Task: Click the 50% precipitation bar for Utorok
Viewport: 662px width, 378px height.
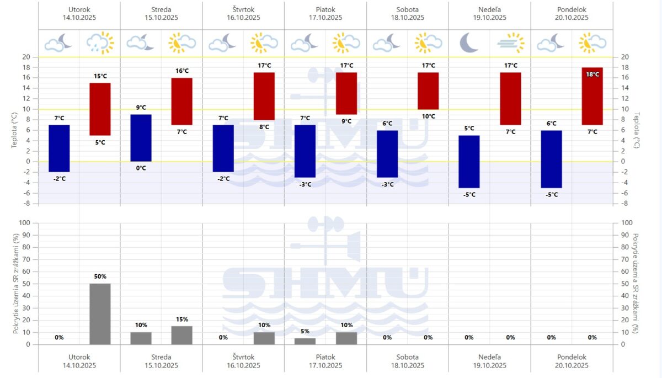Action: pyautogui.click(x=100, y=314)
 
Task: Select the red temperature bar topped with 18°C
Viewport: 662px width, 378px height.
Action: pyautogui.click(x=592, y=96)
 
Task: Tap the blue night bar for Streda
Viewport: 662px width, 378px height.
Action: pyautogui.click(x=141, y=138)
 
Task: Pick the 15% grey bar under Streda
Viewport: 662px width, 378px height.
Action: pyautogui.click(x=182, y=335)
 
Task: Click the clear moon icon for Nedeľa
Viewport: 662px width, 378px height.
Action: pyautogui.click(x=469, y=42)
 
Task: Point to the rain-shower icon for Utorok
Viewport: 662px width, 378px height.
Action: pyautogui.click(x=100, y=42)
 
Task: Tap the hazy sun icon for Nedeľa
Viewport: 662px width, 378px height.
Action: pyautogui.click(x=510, y=42)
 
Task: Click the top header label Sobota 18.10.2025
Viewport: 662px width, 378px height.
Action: pyautogui.click(x=408, y=13)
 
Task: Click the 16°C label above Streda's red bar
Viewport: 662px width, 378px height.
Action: pyautogui.click(x=182, y=71)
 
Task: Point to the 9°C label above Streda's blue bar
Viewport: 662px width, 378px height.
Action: pyautogui.click(x=141, y=108)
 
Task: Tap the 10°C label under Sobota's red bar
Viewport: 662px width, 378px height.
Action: pyautogui.click(x=428, y=116)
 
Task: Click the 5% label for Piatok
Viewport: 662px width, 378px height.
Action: pyautogui.click(x=305, y=331)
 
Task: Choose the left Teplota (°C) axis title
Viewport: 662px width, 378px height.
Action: pyautogui.click(x=15, y=130)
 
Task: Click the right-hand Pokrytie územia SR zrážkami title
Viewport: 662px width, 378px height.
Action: pyautogui.click(x=636, y=284)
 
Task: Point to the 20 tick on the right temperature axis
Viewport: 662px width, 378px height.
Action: pyautogui.click(x=624, y=57)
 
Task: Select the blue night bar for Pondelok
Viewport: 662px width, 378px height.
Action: pyautogui.click(x=551, y=159)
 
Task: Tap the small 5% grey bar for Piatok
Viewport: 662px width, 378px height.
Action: pyautogui.click(x=305, y=341)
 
